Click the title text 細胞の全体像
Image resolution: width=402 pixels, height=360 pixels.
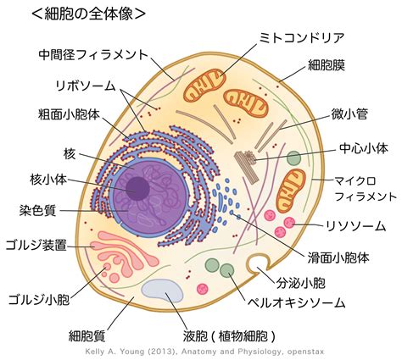[89, 14]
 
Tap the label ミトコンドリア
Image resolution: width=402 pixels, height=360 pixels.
[301, 37]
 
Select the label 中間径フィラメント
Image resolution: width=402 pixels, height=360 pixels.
[93, 54]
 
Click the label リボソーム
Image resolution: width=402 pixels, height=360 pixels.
[86, 86]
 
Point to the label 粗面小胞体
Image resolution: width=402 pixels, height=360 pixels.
[69, 114]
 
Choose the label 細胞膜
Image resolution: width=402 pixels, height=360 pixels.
[327, 65]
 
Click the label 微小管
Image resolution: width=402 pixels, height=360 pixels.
[349, 114]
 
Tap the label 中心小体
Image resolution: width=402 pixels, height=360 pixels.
[364, 148]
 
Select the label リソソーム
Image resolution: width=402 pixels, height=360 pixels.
[356, 226]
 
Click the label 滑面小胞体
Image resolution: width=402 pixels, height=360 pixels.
[338, 258]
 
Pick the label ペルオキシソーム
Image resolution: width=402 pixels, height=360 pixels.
[297, 302]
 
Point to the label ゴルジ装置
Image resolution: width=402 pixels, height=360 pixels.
[36, 245]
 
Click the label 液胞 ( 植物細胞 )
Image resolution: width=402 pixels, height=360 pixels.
[229, 335]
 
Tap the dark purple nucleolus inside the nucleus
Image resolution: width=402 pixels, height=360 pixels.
[137, 188]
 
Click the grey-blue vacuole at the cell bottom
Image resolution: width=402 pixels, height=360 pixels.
[163, 291]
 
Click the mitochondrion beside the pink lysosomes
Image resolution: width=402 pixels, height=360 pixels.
[291, 191]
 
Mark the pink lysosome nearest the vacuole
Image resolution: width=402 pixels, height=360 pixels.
[203, 289]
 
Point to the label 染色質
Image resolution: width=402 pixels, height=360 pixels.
[38, 210]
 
